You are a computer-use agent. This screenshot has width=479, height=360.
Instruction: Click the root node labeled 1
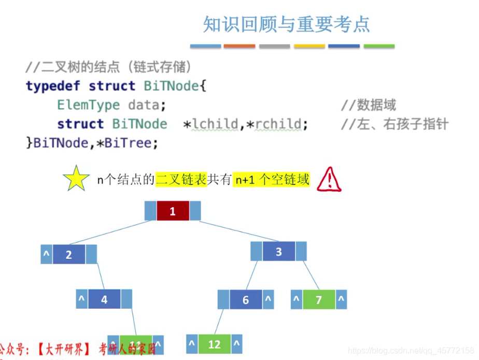coord(173,211)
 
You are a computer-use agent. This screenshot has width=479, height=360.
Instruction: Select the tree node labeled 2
coord(69,254)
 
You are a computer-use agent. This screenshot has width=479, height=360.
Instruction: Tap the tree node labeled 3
coord(279,252)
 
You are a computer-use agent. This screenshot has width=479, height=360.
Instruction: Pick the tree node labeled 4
coord(104,299)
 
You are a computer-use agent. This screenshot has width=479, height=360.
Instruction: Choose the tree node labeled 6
coord(246,300)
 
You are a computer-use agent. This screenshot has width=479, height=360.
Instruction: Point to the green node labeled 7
coord(319,299)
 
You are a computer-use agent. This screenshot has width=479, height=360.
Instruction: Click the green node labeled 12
coord(215,344)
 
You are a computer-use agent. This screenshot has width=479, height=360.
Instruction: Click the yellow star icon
coord(76,179)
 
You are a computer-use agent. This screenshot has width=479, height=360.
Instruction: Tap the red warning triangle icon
coord(329,180)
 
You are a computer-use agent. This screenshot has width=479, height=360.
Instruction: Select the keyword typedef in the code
coord(54,86)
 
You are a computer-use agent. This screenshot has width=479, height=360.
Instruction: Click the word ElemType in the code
coord(88,105)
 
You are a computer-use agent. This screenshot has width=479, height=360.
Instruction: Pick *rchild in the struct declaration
coord(275,124)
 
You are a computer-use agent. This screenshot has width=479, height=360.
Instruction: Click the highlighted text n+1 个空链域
coord(272,179)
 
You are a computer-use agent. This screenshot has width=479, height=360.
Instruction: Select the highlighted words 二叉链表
coord(181,179)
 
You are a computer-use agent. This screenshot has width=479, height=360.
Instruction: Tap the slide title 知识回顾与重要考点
coord(286,24)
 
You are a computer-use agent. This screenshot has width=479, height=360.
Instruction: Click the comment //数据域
coord(369,105)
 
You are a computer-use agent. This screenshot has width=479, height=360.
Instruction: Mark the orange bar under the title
coord(239,46)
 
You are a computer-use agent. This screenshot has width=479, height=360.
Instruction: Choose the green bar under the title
coord(379,46)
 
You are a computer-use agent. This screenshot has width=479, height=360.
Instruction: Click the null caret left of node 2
coord(46,254)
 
